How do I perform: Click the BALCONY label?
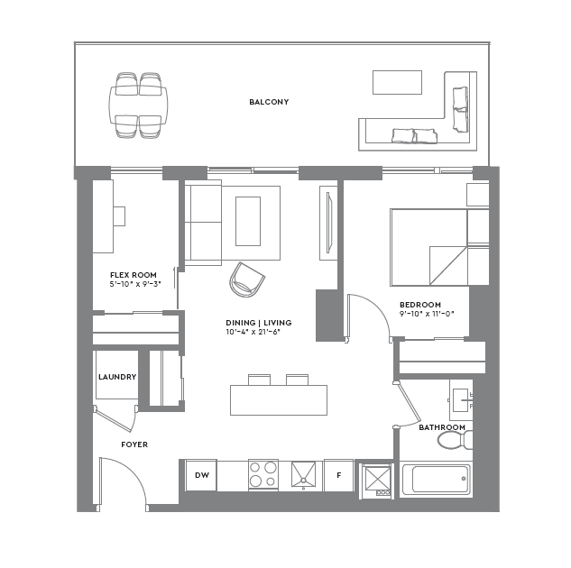pyautogui.click(x=269, y=102)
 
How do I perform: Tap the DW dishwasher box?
pyautogui.click(x=201, y=475)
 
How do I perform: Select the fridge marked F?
pyautogui.click(x=338, y=475)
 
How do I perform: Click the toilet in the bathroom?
pyautogui.click(x=454, y=441)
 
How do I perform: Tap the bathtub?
pyautogui.click(x=436, y=479)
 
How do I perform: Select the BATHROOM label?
pyautogui.click(x=442, y=427)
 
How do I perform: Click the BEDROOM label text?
pyautogui.click(x=421, y=305)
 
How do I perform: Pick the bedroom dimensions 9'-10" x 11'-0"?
pyautogui.click(x=427, y=315)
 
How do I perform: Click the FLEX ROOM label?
pyautogui.click(x=134, y=275)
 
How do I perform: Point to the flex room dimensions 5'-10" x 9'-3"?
pyautogui.click(x=134, y=285)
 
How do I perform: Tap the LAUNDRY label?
pyautogui.click(x=117, y=377)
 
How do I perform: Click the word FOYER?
pyautogui.click(x=134, y=444)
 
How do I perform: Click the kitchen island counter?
pyautogui.click(x=278, y=399)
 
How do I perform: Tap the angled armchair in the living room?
pyautogui.click(x=246, y=279)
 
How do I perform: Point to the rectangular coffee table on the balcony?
pyautogui.click(x=397, y=82)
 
